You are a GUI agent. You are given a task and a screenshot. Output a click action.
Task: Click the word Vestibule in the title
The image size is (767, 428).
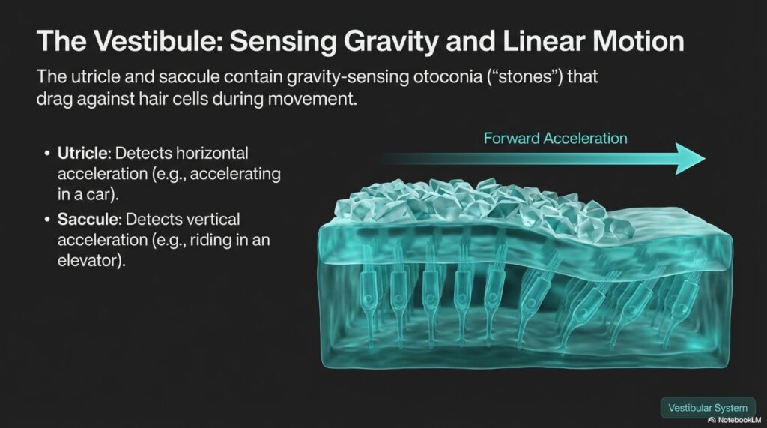tap(157, 41)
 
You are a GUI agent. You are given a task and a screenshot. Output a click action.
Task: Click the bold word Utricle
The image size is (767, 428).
tap(85, 153)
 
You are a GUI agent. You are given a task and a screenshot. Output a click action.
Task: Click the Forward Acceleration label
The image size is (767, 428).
tap(555, 138)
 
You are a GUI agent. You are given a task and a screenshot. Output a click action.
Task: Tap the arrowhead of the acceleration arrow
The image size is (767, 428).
tap(690, 158)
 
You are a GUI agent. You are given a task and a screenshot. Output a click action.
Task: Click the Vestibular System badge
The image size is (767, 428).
tap(708, 408)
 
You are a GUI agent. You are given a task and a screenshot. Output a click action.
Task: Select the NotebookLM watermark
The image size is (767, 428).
tap(734, 421)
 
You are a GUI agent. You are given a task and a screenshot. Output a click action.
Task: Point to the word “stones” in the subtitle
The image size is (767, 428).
tap(526, 77)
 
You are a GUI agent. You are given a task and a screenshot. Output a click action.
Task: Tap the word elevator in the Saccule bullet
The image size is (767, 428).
tap(90, 260)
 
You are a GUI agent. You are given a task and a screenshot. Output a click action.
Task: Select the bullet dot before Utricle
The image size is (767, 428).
tap(47, 154)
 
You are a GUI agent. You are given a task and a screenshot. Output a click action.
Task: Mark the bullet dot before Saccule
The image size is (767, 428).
tap(47, 220)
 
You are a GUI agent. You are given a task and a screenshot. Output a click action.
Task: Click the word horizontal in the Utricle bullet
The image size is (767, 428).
tap(212, 153)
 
